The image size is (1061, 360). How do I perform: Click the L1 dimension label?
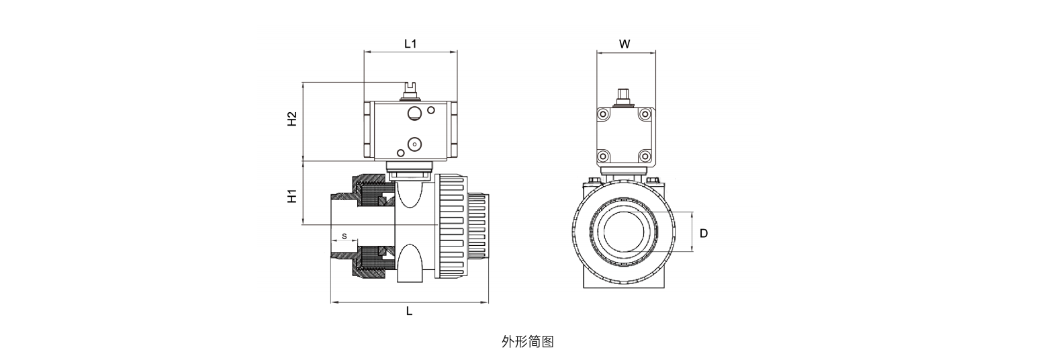pos(410,44)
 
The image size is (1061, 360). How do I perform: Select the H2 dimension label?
pos(292,120)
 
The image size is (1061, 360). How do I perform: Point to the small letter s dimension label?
pos(344,236)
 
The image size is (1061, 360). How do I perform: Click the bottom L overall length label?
pos(409,312)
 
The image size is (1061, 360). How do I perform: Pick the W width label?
pos(625,44)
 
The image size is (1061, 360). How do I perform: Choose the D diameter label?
pos(704,233)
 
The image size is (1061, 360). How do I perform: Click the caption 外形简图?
pos(528,341)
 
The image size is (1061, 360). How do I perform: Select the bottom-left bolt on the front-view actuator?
pos(602,156)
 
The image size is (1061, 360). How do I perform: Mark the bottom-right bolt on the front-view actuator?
pos(648,156)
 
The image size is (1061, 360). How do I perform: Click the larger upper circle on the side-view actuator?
pos(414,112)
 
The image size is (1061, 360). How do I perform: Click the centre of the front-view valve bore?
pos(625,231)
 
